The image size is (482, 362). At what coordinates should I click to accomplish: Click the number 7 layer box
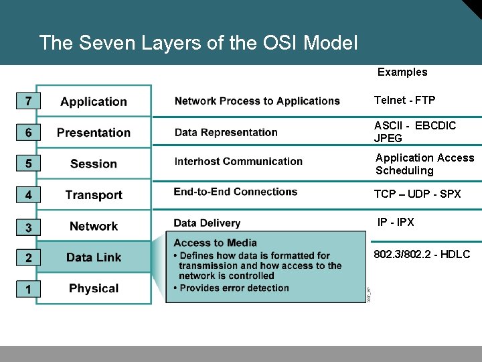click(x=27, y=101)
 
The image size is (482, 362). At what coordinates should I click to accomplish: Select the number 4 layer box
click(x=27, y=195)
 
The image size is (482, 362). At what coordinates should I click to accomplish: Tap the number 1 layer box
click(x=27, y=289)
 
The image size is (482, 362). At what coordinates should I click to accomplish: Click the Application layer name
click(x=94, y=102)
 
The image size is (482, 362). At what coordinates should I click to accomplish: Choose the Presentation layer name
click(x=94, y=133)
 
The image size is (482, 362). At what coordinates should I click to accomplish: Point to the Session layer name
click(x=94, y=164)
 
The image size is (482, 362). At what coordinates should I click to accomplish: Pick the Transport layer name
click(x=94, y=195)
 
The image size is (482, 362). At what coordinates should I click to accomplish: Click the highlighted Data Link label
click(x=94, y=257)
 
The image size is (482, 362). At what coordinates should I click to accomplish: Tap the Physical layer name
click(x=94, y=289)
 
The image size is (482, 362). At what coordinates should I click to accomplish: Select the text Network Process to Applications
click(x=257, y=101)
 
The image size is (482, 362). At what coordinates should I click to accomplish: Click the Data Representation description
click(x=226, y=132)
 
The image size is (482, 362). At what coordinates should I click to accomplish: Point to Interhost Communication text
click(x=238, y=162)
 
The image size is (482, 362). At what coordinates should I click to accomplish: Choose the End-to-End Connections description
click(x=235, y=192)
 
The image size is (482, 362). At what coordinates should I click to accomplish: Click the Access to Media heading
click(x=215, y=243)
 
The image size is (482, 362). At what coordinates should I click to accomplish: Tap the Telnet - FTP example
click(x=404, y=101)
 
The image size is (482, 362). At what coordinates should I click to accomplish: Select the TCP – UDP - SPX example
click(x=417, y=194)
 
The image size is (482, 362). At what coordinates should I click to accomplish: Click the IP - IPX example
click(x=396, y=222)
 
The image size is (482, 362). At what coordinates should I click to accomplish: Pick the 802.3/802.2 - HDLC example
click(x=422, y=254)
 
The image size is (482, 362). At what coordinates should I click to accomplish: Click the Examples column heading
click(x=402, y=72)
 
